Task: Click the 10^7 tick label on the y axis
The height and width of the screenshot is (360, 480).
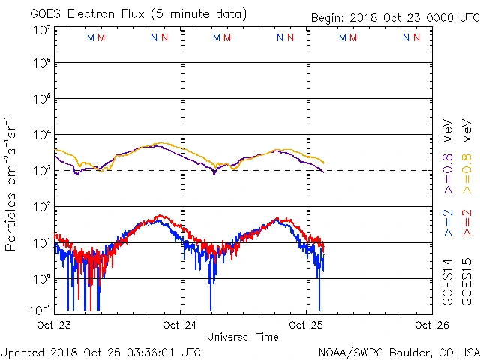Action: tap(40, 31)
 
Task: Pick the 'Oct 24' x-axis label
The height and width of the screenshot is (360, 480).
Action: tap(181, 325)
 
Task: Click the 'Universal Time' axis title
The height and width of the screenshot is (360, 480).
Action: tap(242, 337)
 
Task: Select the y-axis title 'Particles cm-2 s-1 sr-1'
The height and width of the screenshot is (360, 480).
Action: tap(11, 184)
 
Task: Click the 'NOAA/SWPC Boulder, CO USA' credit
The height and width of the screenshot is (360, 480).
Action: tap(398, 352)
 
